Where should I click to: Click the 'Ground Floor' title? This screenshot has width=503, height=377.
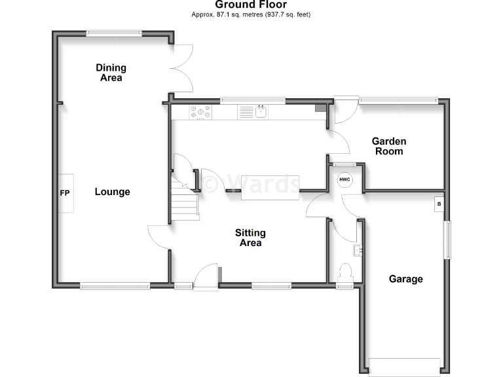[251, 5]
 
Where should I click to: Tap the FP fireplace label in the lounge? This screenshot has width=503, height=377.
[64, 193]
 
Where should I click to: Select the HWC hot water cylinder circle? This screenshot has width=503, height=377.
[345, 179]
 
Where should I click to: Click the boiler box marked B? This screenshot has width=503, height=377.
[439, 204]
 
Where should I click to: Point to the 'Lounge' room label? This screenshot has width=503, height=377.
[112, 192]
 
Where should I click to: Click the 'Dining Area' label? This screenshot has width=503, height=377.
[111, 73]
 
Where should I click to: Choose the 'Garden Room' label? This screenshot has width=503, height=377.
[389, 146]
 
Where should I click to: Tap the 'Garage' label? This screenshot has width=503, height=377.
[405, 279]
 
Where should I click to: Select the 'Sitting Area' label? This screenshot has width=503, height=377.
[250, 238]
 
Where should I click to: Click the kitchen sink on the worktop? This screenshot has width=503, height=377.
[260, 113]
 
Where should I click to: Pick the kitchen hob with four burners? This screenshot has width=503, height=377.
[200, 113]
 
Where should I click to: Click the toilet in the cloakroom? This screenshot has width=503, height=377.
[345, 271]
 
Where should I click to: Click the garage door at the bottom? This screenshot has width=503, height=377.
[404, 366]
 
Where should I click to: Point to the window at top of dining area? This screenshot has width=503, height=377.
[115, 33]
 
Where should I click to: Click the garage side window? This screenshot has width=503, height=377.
[448, 240]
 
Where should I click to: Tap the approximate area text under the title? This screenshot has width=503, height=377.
[251, 14]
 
